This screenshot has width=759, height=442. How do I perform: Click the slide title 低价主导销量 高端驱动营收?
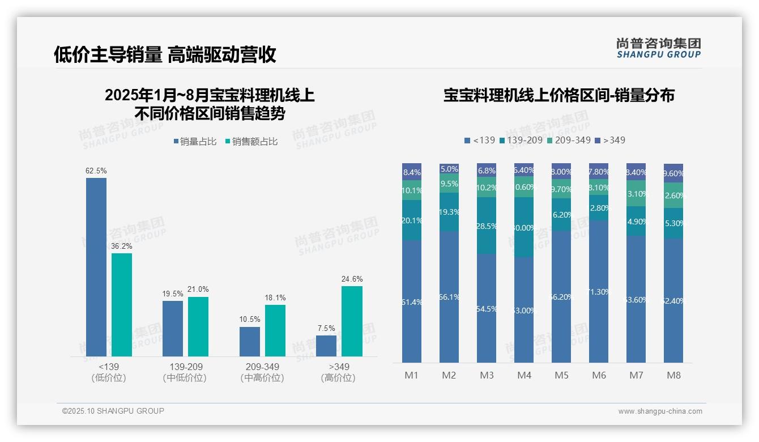pyautogui.click(x=165, y=54)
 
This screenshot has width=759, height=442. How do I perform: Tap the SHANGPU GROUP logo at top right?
pyautogui.click(x=658, y=48)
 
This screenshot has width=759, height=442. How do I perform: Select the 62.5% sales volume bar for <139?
pyautogui.click(x=96, y=266)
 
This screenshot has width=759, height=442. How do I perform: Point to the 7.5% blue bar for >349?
pyautogui.click(x=326, y=346)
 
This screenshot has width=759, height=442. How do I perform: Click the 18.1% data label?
pyautogui.click(x=275, y=297)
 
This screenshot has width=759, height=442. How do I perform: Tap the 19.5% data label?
pyautogui.click(x=173, y=294)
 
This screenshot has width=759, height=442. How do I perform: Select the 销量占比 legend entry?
pyautogui.click(x=194, y=142)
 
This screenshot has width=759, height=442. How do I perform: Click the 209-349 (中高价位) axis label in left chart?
pyautogui.click(x=262, y=372)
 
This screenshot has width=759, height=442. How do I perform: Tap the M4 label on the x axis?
pyautogui.click(x=524, y=375)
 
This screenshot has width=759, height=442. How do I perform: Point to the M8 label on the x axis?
pyautogui.click(x=673, y=375)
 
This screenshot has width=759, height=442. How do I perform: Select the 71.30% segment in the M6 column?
pyautogui.click(x=599, y=291)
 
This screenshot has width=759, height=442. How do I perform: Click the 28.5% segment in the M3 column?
pyautogui.click(x=487, y=226)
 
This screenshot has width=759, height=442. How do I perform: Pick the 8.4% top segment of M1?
pyautogui.click(x=412, y=172)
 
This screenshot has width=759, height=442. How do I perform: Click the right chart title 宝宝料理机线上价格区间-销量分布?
pyautogui.click(x=558, y=95)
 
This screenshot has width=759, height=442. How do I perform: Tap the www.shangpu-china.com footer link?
pyautogui.click(x=660, y=411)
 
